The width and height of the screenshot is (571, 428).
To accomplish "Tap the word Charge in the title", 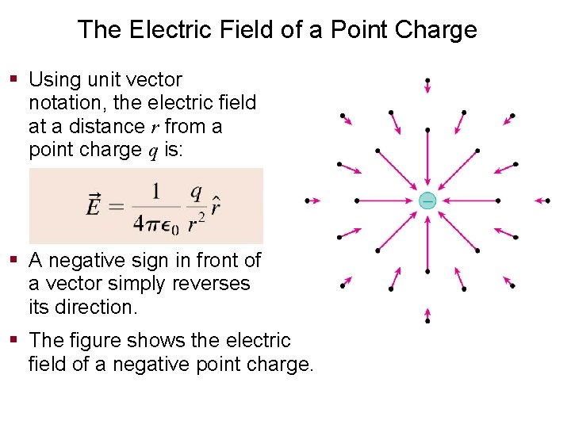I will coord(438,30).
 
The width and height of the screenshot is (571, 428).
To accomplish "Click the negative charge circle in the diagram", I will coord(427,201).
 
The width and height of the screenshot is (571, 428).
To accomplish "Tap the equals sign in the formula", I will coord(116,208).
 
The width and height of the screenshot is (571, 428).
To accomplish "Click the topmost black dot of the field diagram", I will coord(427,80).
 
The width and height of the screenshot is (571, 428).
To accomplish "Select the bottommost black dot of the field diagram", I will coord(427,321).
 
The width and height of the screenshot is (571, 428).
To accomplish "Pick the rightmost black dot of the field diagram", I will coord(548,201).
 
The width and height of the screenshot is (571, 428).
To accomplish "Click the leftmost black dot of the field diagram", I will coord(307,201).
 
